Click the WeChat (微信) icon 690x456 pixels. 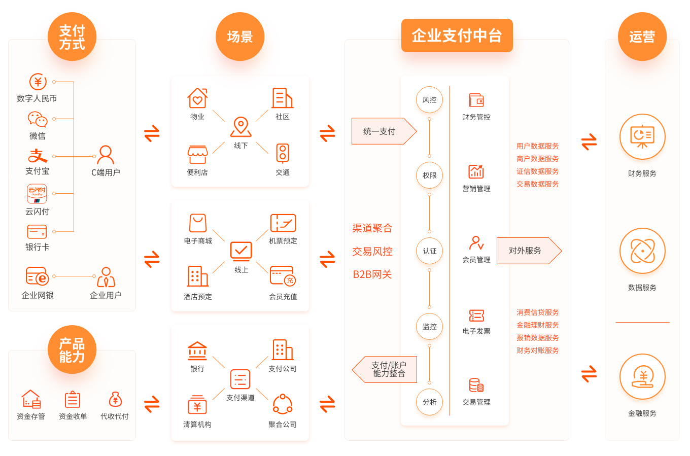click(38, 120)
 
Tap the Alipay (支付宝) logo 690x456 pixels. click(38, 156)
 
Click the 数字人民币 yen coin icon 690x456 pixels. click(38, 82)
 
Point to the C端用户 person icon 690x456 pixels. click(106, 155)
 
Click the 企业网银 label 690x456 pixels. click(38, 295)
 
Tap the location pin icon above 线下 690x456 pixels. click(241, 127)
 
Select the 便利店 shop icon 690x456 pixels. click(197, 154)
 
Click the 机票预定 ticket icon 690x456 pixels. click(283, 223)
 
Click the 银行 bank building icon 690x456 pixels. click(197, 350)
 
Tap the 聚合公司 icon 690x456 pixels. click(283, 404)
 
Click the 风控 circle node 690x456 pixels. click(429, 100)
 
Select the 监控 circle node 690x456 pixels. click(429, 327)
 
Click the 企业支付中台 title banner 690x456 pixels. click(457, 36)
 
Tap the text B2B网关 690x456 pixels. click(372, 274)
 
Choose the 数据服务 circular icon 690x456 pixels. click(642, 252)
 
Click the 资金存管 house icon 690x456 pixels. click(31, 399)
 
